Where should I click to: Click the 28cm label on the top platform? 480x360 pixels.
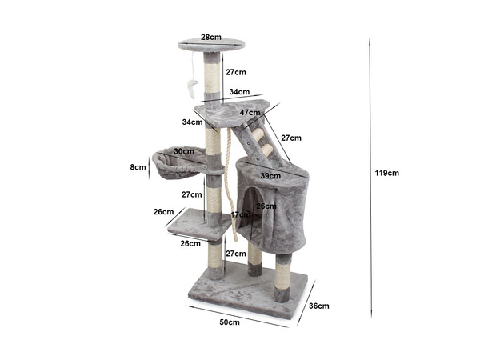pos(211,37)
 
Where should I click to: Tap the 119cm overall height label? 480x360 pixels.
pos(387,172)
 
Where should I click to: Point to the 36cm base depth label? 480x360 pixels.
pos(318,305)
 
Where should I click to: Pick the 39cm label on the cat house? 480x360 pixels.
pos(270,175)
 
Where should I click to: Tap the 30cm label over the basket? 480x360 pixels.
pos(184,150)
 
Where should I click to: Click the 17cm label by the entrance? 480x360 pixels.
pos(241,214)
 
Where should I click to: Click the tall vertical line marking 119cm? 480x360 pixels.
pos(370,172)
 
